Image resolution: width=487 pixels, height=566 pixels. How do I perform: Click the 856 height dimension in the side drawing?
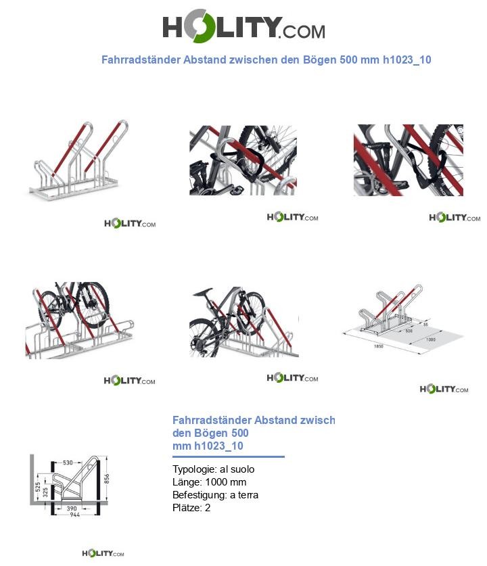pos(106,478)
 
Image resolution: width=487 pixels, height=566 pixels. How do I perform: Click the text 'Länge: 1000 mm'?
pos(209,482)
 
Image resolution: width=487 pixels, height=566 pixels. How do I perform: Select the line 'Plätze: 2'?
pos(191,508)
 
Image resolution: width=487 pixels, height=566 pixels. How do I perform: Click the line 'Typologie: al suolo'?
pos(214,469)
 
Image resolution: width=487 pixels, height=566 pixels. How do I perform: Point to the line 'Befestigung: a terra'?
pos(215,495)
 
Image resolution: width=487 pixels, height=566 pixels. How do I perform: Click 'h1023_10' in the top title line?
pos(407,60)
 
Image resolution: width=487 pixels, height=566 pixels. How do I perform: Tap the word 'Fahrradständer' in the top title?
pos(141,60)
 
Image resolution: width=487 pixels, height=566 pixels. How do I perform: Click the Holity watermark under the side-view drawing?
pos(103,554)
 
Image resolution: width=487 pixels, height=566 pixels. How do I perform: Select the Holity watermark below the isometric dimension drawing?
pos(444,389)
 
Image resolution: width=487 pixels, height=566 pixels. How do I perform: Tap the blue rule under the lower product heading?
pos(228,457)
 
